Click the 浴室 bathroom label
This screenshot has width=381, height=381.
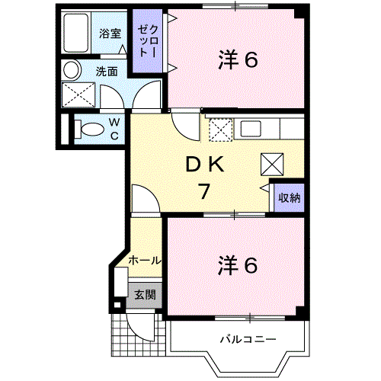point(110,34)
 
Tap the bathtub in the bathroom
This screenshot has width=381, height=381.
point(76,33)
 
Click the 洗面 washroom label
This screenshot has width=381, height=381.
point(107,72)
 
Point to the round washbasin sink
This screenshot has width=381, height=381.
point(71,70)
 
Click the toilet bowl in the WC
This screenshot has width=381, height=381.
point(89,130)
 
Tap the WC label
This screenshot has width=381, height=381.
point(114,130)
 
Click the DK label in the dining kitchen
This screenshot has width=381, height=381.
point(205,165)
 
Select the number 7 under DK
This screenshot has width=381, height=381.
point(204,191)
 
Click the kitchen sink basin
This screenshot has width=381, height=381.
point(251,129)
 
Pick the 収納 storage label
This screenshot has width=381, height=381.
point(290,197)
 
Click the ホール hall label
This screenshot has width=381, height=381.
point(145,261)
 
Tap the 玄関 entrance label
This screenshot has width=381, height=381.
point(145,295)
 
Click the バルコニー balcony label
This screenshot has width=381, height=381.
point(248,339)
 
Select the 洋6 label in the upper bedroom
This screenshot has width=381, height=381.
point(238,59)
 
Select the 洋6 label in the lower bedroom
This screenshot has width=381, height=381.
point(238,265)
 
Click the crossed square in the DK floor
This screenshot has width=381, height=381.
point(272,165)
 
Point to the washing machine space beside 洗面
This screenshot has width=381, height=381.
point(78,94)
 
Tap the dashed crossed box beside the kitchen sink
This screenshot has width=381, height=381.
point(220,130)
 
